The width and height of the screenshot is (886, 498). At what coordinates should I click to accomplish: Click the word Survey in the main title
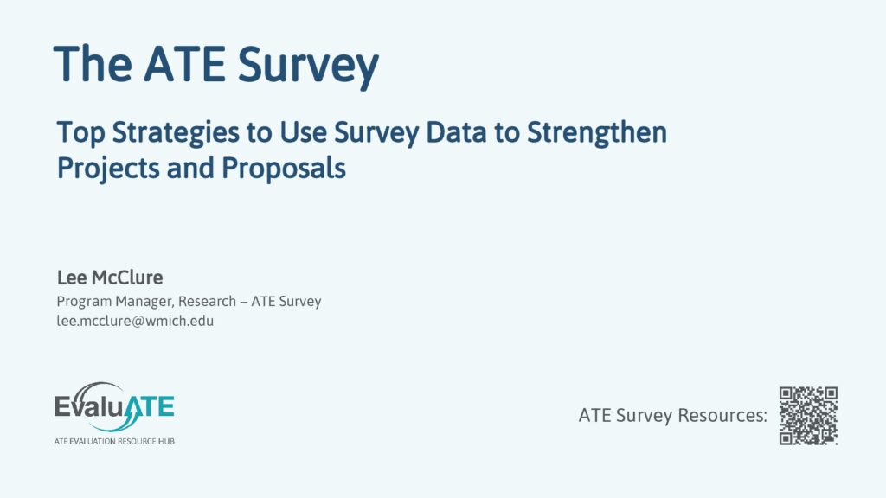(x=308, y=66)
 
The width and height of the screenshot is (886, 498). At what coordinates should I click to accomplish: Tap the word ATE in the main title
(x=184, y=64)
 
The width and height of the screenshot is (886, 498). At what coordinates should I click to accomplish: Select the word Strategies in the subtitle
(x=176, y=133)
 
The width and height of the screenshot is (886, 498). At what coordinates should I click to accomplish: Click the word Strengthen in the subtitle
(x=597, y=132)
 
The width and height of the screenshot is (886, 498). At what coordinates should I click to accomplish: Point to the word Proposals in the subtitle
(x=284, y=168)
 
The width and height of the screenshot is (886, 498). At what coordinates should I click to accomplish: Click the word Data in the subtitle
(x=456, y=132)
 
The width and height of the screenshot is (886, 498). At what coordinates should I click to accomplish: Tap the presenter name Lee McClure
(x=110, y=278)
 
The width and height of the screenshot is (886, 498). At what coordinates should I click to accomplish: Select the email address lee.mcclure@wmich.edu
(x=135, y=321)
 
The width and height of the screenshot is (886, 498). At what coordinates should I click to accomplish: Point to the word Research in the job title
(x=207, y=301)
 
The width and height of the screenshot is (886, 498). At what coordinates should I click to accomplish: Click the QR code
(x=808, y=416)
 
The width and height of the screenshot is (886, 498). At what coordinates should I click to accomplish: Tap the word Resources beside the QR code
(x=722, y=415)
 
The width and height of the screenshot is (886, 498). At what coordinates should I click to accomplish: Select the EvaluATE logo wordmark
(x=114, y=406)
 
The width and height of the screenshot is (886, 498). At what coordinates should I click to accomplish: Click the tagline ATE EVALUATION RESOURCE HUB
(x=114, y=441)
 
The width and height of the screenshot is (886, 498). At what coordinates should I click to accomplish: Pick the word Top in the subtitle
(x=80, y=133)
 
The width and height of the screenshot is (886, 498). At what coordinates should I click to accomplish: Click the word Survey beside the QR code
(x=644, y=416)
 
